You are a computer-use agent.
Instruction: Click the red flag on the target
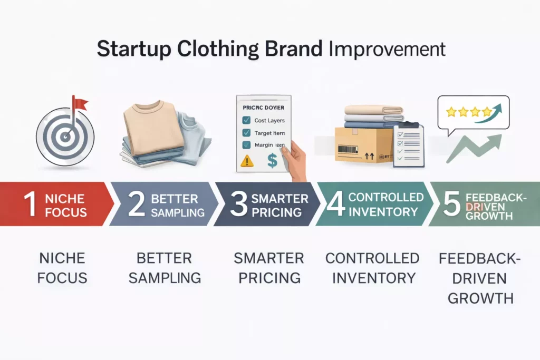tap(80, 103)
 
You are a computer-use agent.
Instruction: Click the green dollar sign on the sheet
tap(272, 160)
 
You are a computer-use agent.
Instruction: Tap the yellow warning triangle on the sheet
tap(246, 161)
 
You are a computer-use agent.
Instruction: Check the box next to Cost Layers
tap(246, 121)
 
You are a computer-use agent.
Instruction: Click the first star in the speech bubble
tap(451, 112)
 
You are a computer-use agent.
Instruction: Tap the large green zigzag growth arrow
tap(472, 147)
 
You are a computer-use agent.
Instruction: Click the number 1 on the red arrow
tap(30, 205)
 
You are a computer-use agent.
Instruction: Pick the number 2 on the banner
tap(136, 205)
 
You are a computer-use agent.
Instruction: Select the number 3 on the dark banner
tap(238, 205)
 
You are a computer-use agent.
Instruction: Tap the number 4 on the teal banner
tap(336, 205)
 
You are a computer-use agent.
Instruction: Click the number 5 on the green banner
tap(451, 205)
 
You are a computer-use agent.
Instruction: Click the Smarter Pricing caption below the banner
tap(269, 268)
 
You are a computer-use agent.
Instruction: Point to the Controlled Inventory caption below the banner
tap(372, 268)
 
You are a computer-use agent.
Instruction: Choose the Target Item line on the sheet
tap(269, 133)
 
